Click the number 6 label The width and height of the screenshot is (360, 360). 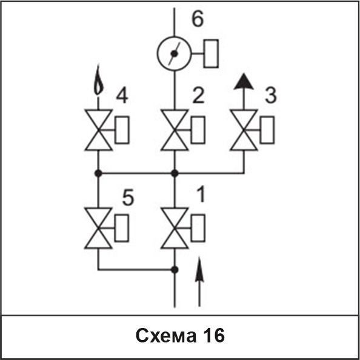[198, 19]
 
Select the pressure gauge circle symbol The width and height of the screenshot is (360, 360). [175, 37]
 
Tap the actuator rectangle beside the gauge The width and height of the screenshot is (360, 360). [211, 53]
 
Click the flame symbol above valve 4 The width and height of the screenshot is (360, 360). [99, 80]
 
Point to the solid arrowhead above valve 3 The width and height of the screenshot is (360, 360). [244, 81]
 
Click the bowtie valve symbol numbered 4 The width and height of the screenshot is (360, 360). [99, 130]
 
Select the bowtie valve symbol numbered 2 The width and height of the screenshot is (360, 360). [175, 130]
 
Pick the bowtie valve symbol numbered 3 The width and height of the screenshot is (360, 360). [244, 130]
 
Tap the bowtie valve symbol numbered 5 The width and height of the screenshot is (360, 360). [98, 228]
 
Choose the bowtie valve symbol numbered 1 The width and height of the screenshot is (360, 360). [175, 228]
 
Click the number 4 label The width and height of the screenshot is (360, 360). [122, 96]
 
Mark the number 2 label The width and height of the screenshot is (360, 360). [198, 95]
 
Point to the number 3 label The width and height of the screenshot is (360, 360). [271, 95]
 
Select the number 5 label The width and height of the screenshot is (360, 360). [128, 198]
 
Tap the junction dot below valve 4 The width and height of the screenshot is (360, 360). [98, 173]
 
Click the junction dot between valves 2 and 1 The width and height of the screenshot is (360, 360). [175, 173]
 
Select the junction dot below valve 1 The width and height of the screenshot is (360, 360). [175, 270]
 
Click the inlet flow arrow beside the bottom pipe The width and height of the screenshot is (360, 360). [199, 282]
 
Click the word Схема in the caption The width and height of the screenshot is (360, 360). [166, 336]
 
